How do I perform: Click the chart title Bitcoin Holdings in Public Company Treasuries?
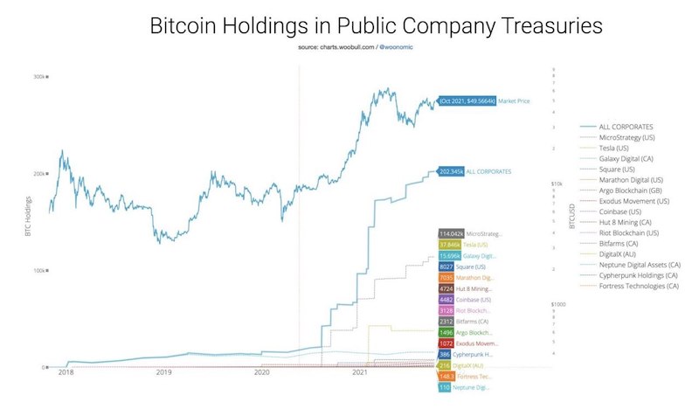click(376, 25)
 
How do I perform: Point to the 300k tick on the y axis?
click(40, 77)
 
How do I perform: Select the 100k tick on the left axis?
click(40, 271)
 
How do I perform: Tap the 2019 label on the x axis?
click(163, 372)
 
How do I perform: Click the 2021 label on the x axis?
click(359, 372)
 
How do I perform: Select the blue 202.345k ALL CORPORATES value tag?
click(450, 171)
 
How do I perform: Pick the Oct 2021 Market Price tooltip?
click(466, 101)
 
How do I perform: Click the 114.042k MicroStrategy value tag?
click(450, 234)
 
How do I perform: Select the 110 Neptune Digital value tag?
click(446, 387)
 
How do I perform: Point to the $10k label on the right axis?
click(556, 184)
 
